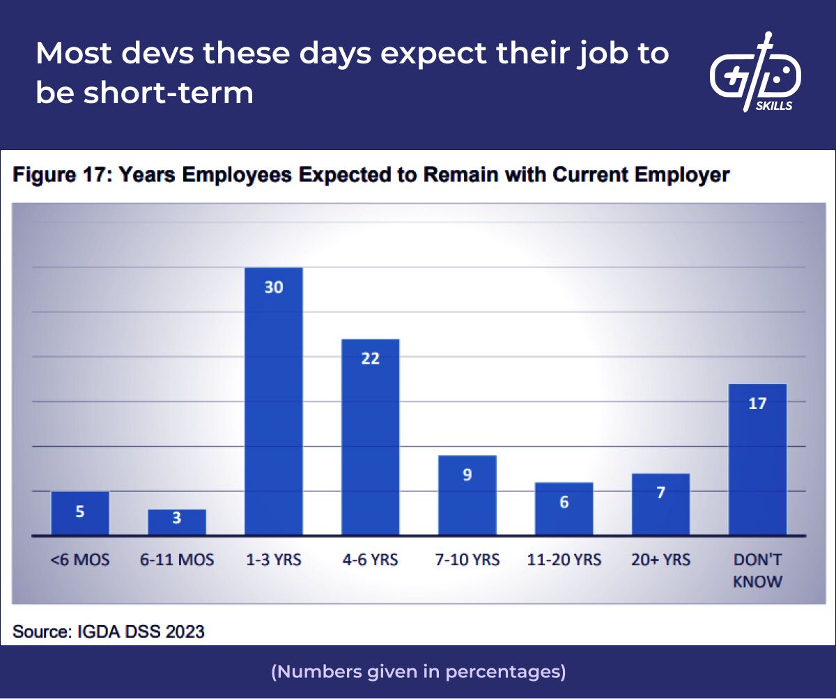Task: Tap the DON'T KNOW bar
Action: tap(757, 459)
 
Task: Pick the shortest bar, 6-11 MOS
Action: tap(177, 522)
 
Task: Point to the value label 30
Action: tap(274, 286)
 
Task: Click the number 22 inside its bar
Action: tap(371, 358)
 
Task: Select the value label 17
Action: tap(757, 403)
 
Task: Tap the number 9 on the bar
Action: tap(467, 475)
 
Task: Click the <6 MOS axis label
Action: tap(80, 560)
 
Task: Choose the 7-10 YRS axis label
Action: tap(467, 560)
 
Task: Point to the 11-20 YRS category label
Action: tap(564, 560)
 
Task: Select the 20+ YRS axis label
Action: tap(660, 560)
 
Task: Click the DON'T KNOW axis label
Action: tap(757, 569)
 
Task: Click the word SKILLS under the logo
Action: tap(773, 107)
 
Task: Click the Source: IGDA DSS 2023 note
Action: tap(109, 631)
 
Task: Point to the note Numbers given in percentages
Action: tap(418, 672)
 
